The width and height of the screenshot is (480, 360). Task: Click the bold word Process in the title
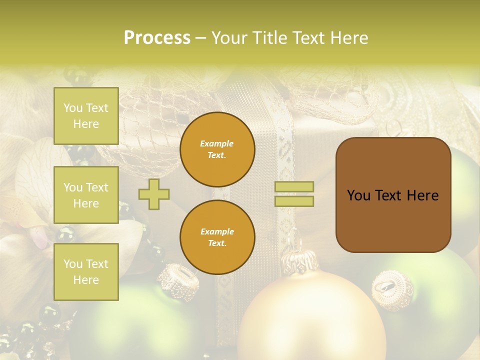click(x=157, y=38)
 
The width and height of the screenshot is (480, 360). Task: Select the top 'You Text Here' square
click(x=86, y=116)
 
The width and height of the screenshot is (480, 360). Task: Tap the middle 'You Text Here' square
click(x=86, y=195)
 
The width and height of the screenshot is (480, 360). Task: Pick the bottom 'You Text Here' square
click(x=86, y=272)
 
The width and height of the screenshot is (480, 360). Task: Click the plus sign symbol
click(x=154, y=193)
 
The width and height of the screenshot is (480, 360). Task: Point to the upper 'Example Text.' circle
click(x=217, y=149)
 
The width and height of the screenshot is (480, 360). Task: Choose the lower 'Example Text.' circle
click(x=217, y=237)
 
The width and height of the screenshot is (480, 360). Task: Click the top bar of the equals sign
click(x=294, y=187)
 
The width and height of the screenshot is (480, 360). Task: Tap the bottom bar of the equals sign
click(x=294, y=201)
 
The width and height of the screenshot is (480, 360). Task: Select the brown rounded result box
click(x=393, y=195)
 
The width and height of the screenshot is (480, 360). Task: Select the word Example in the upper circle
click(x=217, y=144)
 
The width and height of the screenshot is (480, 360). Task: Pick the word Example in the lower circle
click(x=217, y=232)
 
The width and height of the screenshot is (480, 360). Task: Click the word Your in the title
click(x=229, y=38)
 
